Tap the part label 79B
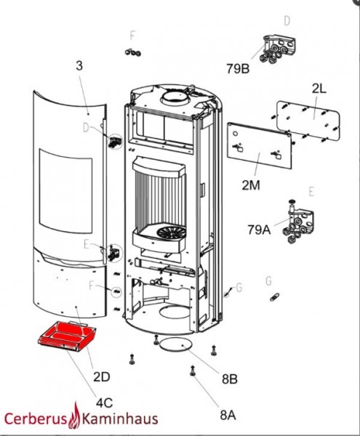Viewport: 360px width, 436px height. point(238,69)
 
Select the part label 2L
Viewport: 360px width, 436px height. point(319,89)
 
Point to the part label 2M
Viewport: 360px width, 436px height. point(251,185)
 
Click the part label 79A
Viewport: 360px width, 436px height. point(259,230)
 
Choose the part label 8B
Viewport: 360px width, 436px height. point(230,379)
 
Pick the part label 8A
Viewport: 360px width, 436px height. point(228,415)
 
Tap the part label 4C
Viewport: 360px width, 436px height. point(104,403)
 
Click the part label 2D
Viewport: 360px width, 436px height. point(102,376)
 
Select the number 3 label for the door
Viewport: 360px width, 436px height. point(79,66)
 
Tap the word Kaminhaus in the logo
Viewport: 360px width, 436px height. point(120,419)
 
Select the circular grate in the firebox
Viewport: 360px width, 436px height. point(172,233)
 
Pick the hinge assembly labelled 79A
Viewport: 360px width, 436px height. point(297,222)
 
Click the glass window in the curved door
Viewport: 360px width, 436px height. point(65,191)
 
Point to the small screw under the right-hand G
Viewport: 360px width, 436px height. point(274,297)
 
